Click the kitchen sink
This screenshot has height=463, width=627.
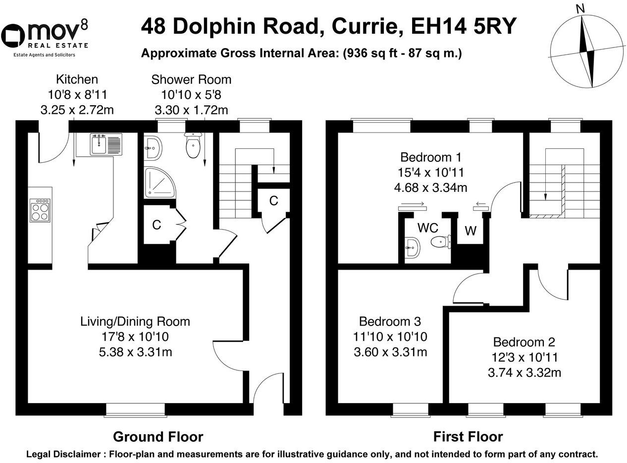tap(106, 144)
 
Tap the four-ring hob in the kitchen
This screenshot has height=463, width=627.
tap(40, 210)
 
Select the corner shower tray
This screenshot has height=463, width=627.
tap(160, 182)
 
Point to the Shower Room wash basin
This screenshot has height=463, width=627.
tap(153, 148)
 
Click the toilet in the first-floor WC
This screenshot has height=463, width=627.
tap(441, 242)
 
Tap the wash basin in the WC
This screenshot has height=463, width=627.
tap(413, 247)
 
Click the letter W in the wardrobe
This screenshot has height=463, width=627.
tap(470, 231)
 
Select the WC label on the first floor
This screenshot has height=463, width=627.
tap(428, 228)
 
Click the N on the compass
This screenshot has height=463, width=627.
tap(580, 9)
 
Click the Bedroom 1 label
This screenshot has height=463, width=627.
tap(431, 157)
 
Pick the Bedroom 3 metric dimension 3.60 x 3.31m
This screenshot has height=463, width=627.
tap(390, 352)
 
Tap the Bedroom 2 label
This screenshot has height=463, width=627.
tap(524, 342)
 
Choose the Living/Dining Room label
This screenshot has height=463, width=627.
tap(135, 322)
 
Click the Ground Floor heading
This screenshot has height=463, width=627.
tap(158, 437)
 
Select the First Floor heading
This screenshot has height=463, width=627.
tap(468, 437)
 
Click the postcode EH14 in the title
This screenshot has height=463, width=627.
tap(439, 26)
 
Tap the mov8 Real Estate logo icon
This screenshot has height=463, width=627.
tap(13, 36)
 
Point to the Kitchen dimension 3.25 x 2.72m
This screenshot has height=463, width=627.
tap(77, 110)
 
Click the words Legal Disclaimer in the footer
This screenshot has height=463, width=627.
tap(63, 455)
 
